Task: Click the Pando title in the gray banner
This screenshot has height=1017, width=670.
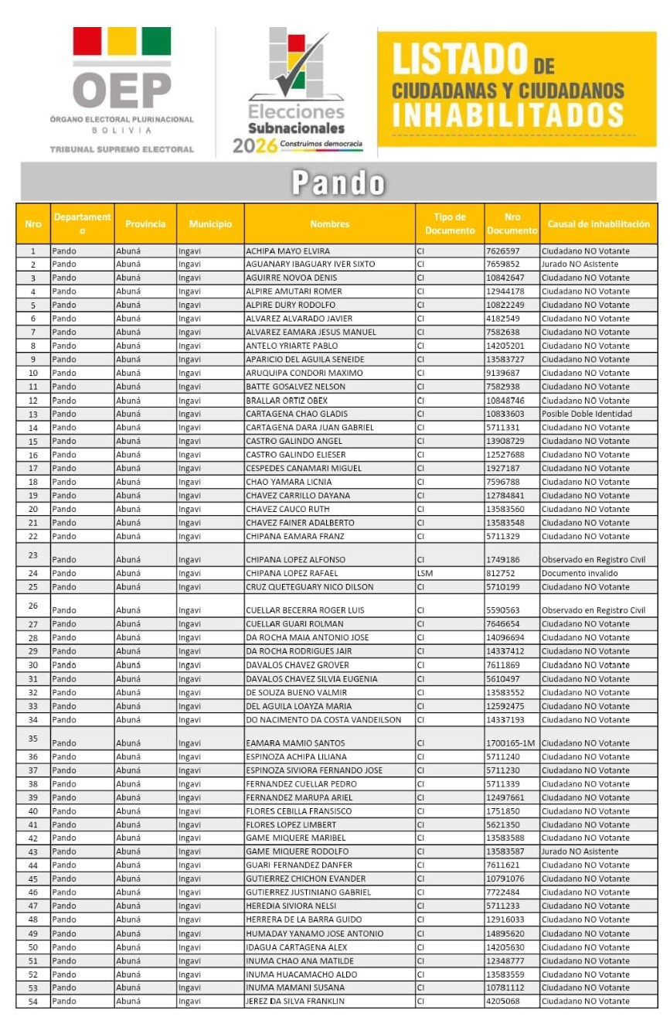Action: pyautogui.click(x=338, y=183)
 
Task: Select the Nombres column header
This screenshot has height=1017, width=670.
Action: pyautogui.click(x=329, y=224)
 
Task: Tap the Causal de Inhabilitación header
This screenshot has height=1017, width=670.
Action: pyautogui.click(x=598, y=224)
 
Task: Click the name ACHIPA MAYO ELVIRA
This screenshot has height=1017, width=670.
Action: pyautogui.click(x=287, y=251)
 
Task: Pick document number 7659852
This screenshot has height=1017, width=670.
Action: pyautogui.click(x=503, y=264)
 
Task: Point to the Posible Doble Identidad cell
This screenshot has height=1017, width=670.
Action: pyautogui.click(x=587, y=414)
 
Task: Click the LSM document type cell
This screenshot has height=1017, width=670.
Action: pyautogui.click(x=425, y=574)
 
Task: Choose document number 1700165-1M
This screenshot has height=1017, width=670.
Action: pyautogui.click(x=511, y=743)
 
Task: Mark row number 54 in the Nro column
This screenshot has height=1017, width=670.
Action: pyautogui.click(x=33, y=1002)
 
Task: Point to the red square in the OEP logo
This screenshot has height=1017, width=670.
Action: pyautogui.click(x=87, y=41)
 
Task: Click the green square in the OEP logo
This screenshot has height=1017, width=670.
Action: pyautogui.click(x=156, y=41)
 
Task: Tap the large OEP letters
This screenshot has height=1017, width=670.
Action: pyautogui.click(x=121, y=90)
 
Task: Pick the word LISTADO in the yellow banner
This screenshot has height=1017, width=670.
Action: pyautogui.click(x=459, y=60)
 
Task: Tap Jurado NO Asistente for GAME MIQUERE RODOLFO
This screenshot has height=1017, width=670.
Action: pyautogui.click(x=580, y=851)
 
